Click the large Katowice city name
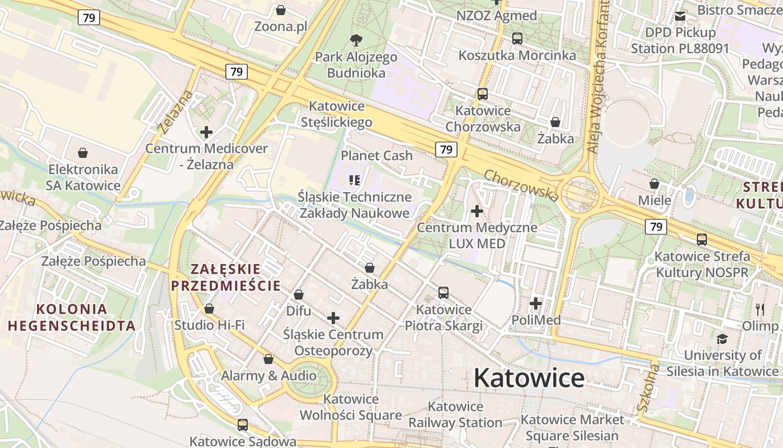click(529, 378)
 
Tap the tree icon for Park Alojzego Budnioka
click(356, 40)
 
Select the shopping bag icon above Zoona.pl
click(281, 10)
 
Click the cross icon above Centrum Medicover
click(206, 132)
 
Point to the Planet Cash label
click(376, 155)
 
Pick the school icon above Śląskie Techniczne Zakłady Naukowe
click(355, 180)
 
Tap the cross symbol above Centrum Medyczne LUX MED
click(477, 211)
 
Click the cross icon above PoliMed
click(536, 304)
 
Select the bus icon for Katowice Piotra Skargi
click(444, 292)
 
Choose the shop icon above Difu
click(299, 295)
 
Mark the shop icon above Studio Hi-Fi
click(209, 309)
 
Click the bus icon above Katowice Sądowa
click(242, 424)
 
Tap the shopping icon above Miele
click(654, 184)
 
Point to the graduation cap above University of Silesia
click(722, 339)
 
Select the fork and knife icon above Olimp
click(760, 309)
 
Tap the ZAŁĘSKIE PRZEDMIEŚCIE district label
click(226, 277)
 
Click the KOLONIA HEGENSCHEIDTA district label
click(72, 317)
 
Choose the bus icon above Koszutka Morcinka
click(517, 39)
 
